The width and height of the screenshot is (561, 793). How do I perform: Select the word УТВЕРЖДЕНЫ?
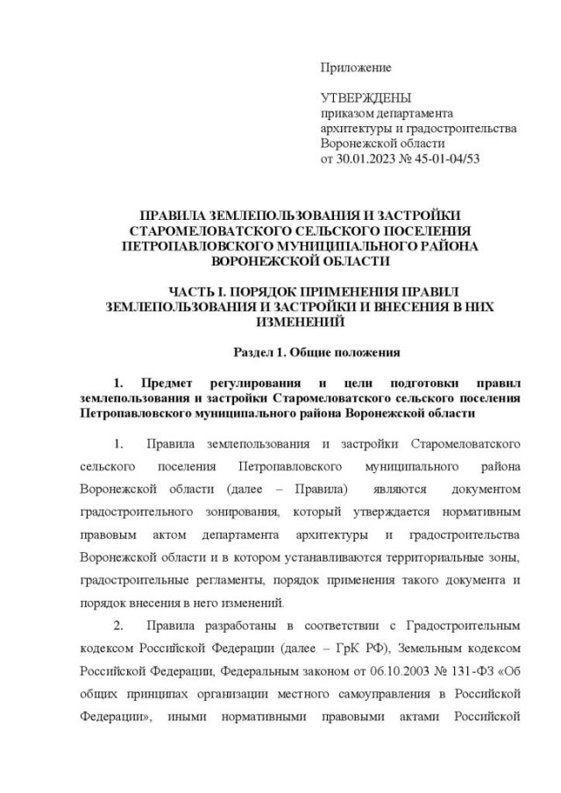pos(366,98)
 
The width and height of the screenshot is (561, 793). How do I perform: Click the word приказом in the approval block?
pos(345,114)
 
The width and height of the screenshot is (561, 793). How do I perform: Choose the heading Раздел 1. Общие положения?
pos(316,353)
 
